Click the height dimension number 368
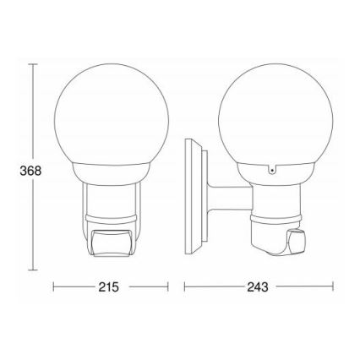(x=30, y=170)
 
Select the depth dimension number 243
(x=259, y=288)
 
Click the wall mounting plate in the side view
(x=194, y=199)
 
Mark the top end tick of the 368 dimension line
(x=33, y=63)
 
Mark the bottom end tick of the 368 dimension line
(x=33, y=271)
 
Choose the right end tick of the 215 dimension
(x=168, y=288)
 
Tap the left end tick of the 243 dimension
(x=185, y=288)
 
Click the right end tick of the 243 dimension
(x=332, y=288)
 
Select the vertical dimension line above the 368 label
(x=33, y=110)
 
